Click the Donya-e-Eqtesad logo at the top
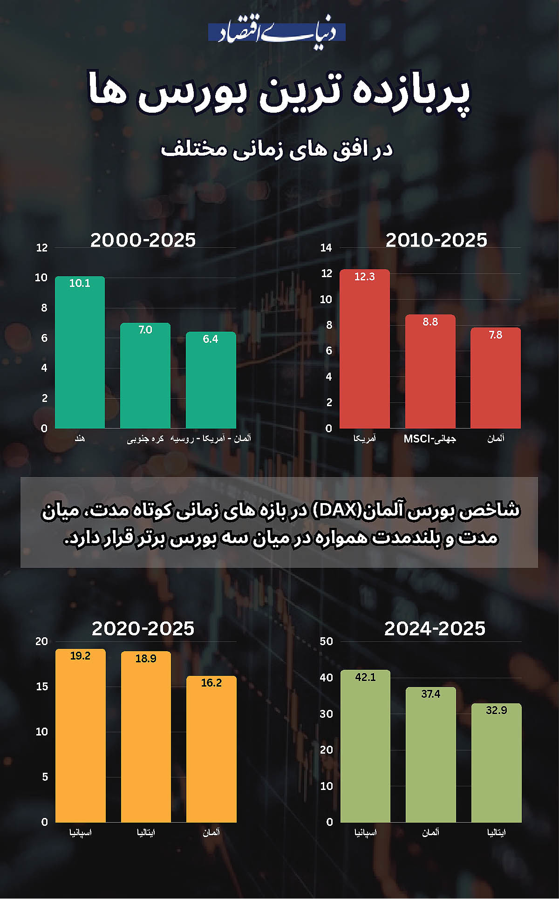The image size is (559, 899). pyautogui.click(x=277, y=33)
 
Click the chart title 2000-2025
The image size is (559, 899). pyautogui.click(x=143, y=240)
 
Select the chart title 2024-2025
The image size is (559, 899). pyautogui.click(x=435, y=629)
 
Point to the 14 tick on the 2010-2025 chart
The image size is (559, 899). pyautogui.click(x=326, y=248)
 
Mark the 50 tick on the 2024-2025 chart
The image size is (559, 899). pyautogui.click(x=327, y=641)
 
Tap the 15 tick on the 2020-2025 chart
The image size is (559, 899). pyautogui.click(x=42, y=687)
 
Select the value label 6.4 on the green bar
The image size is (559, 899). pyautogui.click(x=211, y=339)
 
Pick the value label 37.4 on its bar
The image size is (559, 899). pyautogui.click(x=430, y=694)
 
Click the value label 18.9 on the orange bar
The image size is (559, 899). pyautogui.click(x=146, y=659)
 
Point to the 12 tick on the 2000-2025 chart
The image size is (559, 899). pyautogui.click(x=42, y=248)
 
